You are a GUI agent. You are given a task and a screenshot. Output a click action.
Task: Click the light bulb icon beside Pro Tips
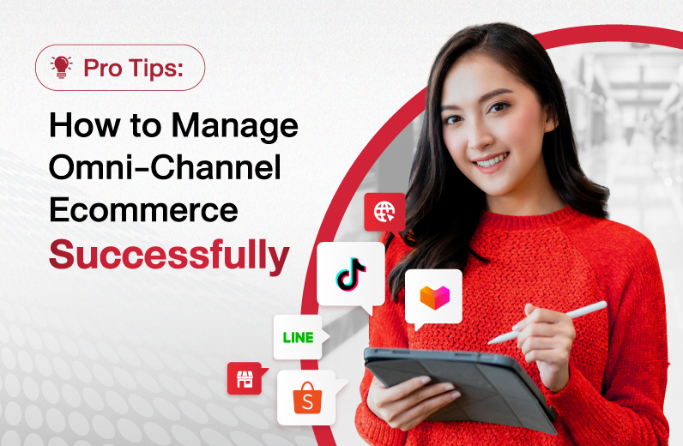pos(62,67)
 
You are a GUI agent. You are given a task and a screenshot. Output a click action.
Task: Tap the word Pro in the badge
pos(103,68)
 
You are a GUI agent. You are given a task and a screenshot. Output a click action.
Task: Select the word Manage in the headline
pos(235,127)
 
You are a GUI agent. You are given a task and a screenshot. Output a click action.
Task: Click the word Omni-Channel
pos(165,168)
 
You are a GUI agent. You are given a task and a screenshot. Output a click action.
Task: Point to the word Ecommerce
pos(144,210)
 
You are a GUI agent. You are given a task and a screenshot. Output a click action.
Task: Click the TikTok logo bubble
pos(351,274)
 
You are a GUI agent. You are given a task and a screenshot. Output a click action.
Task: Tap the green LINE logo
pos(299,337)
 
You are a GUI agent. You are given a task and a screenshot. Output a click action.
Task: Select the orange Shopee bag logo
pos(307,398)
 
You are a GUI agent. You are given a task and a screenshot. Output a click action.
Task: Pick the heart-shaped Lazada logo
pos(434,297)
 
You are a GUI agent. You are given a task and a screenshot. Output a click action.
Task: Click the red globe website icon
pos(384,212)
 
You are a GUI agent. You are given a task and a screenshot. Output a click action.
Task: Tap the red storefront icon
pos(245,378)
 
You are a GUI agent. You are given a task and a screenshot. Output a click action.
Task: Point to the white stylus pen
pos(547,322)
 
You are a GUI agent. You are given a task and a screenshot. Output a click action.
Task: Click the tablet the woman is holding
pos(461,388)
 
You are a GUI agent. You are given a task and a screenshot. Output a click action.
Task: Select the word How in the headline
pos(84,125)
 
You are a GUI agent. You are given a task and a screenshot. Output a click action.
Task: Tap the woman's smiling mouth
pos(492,161)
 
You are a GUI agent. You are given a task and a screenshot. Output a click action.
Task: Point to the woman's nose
pos(478,138)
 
